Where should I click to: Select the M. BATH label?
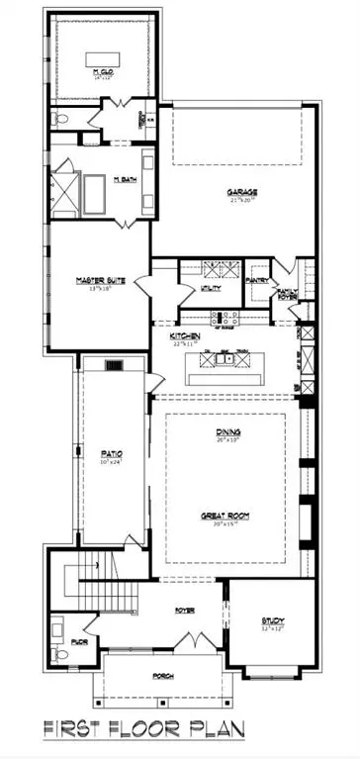click(x=125, y=179)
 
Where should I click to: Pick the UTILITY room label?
click(x=212, y=288)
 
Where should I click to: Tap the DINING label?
click(x=229, y=432)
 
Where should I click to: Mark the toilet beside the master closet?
click(x=59, y=118)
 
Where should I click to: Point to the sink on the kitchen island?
click(x=229, y=359)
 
